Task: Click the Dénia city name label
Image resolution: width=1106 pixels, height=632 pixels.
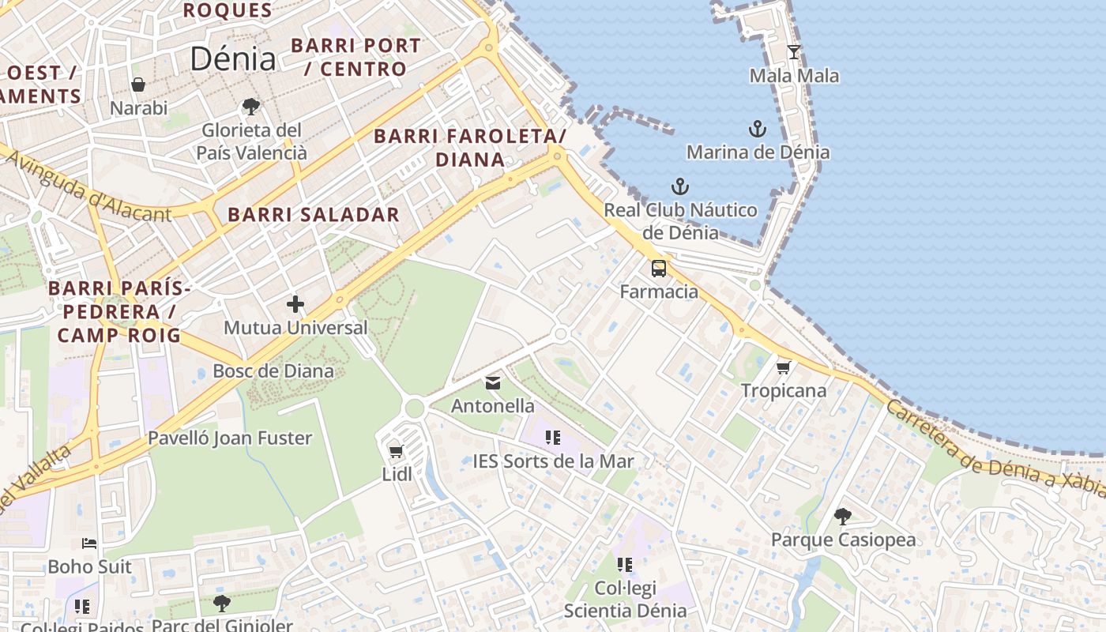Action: (233, 59)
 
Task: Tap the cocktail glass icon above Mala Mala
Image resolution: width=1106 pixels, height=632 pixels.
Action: (794, 52)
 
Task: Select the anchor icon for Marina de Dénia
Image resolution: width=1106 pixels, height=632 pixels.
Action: (758, 129)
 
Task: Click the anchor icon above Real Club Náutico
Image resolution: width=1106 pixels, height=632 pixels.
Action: (680, 187)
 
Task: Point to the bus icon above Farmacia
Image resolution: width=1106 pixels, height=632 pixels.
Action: (659, 269)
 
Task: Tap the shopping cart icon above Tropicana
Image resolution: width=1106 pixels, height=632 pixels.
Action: (784, 367)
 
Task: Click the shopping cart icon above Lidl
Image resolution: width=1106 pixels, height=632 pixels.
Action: (397, 452)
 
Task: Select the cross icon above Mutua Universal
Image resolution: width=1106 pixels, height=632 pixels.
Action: (295, 304)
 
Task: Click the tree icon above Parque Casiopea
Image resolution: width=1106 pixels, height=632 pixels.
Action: (843, 517)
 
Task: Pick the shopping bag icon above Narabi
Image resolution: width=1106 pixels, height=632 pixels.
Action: (138, 85)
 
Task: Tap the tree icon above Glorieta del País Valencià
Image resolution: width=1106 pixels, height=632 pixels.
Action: (251, 106)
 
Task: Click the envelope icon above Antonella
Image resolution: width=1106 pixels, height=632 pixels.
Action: (493, 383)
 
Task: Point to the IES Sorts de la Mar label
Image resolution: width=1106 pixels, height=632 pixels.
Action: (553, 461)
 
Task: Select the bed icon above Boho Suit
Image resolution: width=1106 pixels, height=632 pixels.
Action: (89, 544)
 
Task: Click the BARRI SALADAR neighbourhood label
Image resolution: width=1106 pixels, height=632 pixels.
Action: (314, 215)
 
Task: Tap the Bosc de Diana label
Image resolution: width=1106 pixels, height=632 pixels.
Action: (273, 371)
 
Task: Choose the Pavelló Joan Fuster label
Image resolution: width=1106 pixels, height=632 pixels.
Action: (230, 438)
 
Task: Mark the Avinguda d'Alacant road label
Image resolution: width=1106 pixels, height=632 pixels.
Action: (88, 186)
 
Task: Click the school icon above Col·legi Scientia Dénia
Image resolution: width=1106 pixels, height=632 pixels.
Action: (625, 565)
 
